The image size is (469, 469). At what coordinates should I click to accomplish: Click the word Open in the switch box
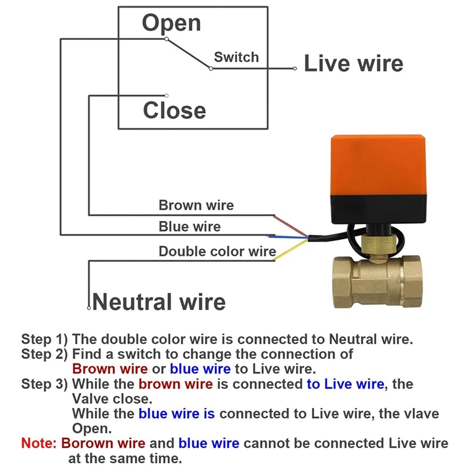171,24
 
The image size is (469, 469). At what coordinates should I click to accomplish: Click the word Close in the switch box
175,110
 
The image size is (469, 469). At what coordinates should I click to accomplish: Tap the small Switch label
236,57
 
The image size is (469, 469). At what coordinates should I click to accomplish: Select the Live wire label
354,63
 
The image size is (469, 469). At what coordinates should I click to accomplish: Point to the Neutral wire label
159,302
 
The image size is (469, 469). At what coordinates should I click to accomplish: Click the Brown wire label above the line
196,205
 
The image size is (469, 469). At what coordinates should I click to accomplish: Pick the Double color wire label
217,252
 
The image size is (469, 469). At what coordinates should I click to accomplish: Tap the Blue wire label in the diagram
189,226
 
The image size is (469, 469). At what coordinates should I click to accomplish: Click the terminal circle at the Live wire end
295,69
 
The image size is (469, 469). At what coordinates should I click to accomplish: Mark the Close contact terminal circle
166,96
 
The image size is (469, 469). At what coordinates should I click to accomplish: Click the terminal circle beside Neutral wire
89,308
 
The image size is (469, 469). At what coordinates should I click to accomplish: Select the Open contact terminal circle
166,39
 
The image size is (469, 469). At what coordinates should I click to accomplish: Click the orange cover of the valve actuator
378,165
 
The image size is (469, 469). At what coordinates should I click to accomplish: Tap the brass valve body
378,282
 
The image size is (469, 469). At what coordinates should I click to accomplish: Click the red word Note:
39,443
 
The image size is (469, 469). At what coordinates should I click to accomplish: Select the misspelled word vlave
422,414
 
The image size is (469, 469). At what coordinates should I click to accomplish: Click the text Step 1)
45,339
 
